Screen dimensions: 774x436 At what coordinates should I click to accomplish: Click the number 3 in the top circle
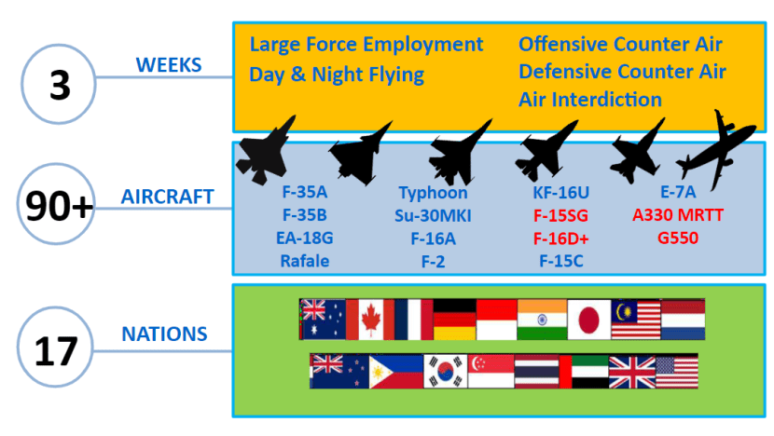(60, 85)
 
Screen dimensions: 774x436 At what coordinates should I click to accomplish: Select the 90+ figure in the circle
(59, 206)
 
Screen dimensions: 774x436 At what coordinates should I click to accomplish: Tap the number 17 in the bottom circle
(56, 351)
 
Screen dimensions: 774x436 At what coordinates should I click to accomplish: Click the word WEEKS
(169, 65)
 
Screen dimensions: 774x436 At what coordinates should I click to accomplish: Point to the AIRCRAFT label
(167, 197)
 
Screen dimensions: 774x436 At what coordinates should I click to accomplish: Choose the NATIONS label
(164, 334)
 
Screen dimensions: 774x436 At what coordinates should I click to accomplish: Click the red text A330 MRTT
(678, 215)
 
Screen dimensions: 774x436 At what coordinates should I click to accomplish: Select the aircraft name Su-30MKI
(433, 215)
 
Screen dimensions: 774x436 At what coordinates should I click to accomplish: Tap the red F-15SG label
(560, 215)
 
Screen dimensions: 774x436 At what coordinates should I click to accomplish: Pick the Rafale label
(305, 261)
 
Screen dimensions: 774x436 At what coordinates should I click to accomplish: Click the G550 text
(678, 238)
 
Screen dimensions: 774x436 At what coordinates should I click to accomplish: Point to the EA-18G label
(305, 238)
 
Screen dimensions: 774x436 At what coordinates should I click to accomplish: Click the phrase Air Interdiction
(590, 100)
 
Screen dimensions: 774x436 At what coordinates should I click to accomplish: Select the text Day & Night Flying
(337, 75)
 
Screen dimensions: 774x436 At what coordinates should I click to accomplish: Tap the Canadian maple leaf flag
(369, 320)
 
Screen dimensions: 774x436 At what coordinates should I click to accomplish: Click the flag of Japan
(588, 320)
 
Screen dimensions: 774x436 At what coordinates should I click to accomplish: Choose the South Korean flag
(446, 372)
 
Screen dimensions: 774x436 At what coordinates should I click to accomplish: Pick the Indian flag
(542, 320)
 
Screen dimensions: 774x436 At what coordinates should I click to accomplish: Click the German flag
(455, 320)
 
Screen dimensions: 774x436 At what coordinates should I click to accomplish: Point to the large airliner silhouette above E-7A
(717, 149)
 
